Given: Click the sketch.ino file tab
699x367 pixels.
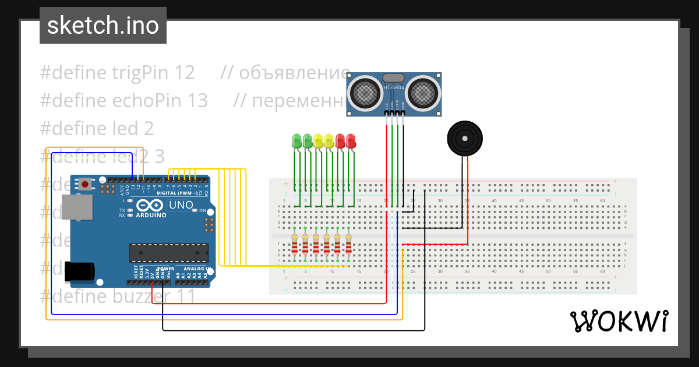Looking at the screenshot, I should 103,26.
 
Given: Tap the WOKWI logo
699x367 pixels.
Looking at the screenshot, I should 619,321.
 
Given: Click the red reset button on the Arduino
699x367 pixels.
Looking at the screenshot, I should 86,185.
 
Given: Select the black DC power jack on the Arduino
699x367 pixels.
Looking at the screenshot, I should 80,272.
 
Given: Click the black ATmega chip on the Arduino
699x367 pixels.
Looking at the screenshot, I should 169,252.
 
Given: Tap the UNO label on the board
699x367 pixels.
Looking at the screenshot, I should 181,205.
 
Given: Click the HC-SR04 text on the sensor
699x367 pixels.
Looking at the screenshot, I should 394,87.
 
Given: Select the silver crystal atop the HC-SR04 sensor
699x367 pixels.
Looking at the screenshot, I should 394,77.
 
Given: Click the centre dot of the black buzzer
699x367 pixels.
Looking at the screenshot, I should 465,138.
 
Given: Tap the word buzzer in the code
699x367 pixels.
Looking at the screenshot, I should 140,297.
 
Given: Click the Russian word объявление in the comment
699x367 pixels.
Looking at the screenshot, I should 294,73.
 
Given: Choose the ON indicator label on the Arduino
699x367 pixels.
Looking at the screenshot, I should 203,210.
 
